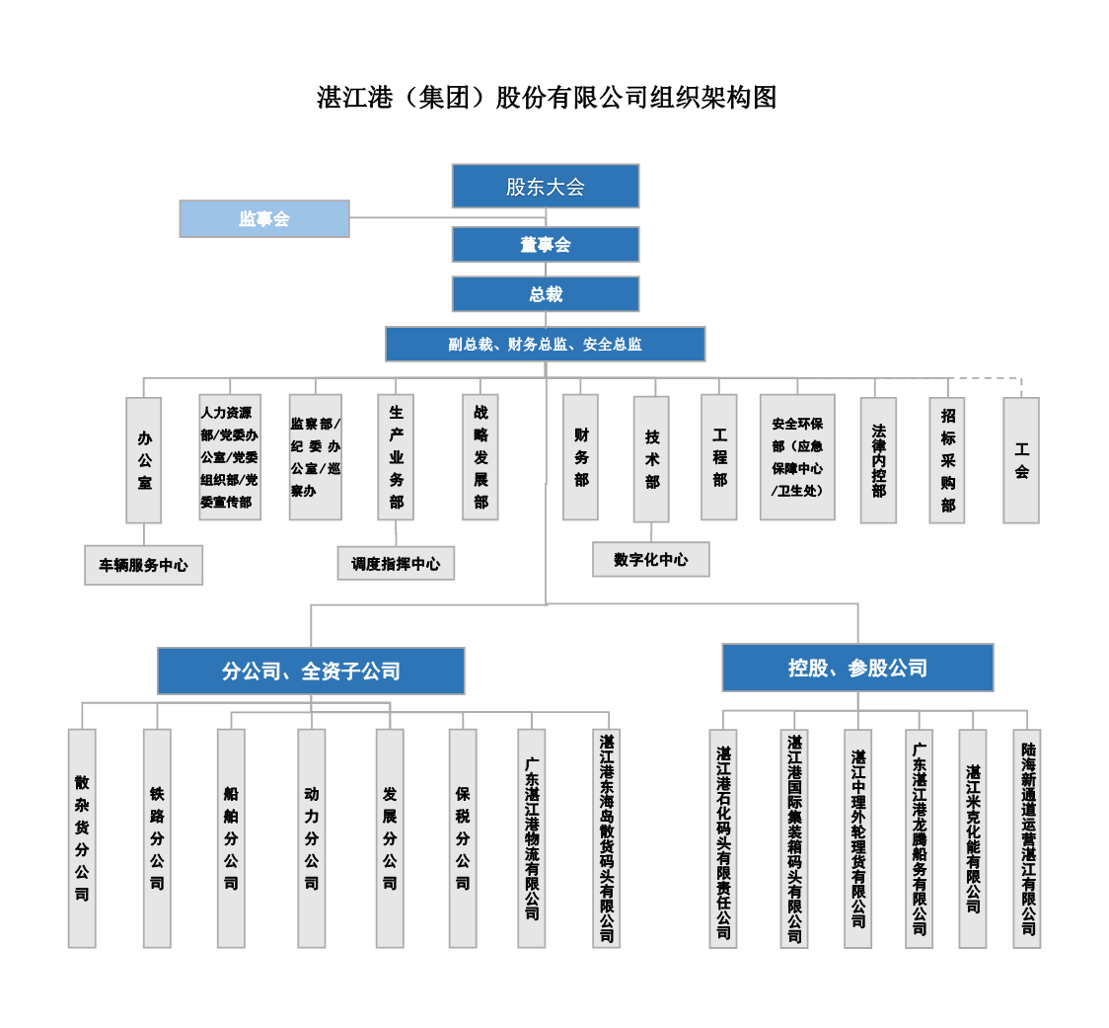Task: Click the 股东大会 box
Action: (x=546, y=187)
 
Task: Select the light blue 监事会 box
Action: (x=264, y=219)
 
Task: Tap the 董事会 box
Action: (x=546, y=244)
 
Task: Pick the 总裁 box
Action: (x=546, y=294)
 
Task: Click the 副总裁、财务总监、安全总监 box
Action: (x=546, y=344)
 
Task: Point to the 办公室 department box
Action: (x=144, y=460)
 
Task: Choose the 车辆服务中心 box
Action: (x=144, y=565)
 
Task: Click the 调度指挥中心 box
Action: (x=396, y=564)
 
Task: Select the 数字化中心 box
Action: (x=650, y=559)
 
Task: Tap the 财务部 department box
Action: (x=581, y=457)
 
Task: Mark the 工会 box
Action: (x=1021, y=460)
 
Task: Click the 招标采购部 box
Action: (x=947, y=460)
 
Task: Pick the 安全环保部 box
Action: (x=798, y=457)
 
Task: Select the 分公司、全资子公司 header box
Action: (x=311, y=671)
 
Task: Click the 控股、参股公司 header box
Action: (x=858, y=668)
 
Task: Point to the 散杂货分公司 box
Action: (x=82, y=838)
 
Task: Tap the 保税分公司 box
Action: (x=463, y=838)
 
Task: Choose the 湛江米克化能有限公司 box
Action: (x=973, y=839)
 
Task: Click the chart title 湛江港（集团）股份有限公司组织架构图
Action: (x=547, y=97)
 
